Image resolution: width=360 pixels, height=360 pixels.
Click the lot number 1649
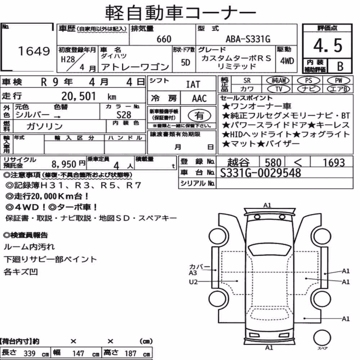click(x=34, y=51)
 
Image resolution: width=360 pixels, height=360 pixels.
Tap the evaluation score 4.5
click(x=328, y=45)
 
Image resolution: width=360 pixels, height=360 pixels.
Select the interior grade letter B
click(x=340, y=66)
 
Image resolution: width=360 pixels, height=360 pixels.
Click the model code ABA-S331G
click(x=248, y=39)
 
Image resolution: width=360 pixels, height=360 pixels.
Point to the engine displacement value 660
click(x=164, y=39)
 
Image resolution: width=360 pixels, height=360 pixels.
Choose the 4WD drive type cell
click(x=287, y=61)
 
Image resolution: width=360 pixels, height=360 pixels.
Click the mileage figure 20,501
click(x=78, y=96)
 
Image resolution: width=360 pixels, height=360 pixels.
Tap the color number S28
click(x=124, y=114)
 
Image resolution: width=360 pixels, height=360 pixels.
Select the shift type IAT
click(x=193, y=84)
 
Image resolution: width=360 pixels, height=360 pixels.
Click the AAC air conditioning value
click(x=199, y=98)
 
